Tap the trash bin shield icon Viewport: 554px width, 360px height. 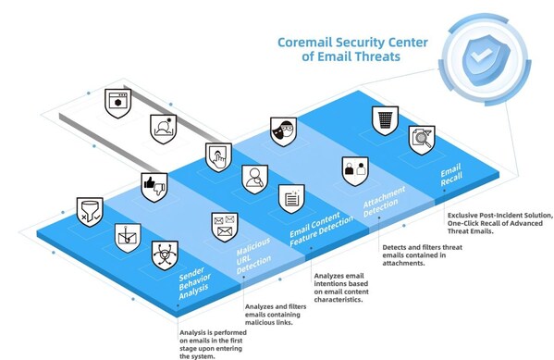tap(383, 119)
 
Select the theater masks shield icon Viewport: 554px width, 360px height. tap(282, 131)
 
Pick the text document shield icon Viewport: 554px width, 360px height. tap(291, 197)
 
